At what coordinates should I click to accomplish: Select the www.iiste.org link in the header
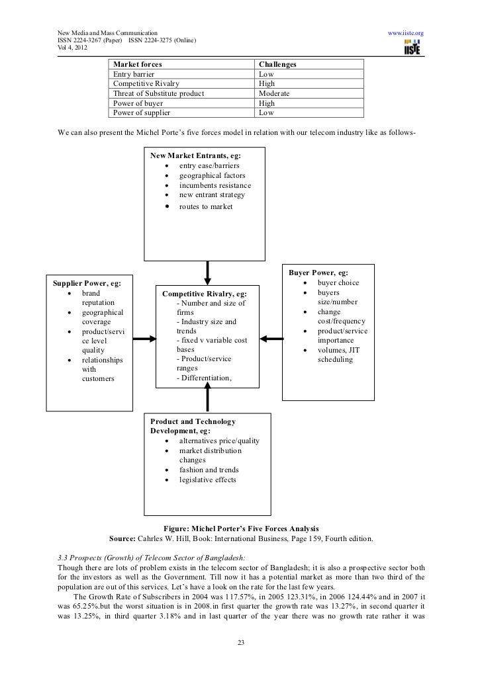click(405, 32)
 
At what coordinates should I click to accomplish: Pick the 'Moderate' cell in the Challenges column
click(275, 94)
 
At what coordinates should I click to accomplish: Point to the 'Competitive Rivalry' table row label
click(146, 84)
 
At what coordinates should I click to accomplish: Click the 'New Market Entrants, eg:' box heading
click(195, 155)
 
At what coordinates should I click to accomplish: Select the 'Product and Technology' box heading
click(193, 421)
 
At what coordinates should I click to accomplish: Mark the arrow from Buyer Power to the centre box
click(270, 338)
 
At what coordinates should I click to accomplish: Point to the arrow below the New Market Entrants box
click(208, 271)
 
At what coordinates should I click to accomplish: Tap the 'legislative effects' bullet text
click(207, 480)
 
